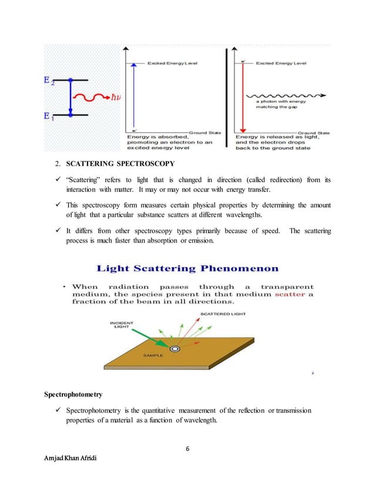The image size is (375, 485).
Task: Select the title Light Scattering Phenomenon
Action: [188, 269]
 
